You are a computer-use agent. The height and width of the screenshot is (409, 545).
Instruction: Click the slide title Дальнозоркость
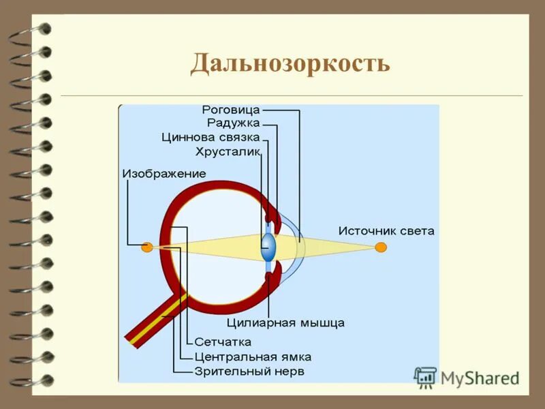click(290, 63)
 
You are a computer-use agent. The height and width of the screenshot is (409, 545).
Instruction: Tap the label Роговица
click(232, 109)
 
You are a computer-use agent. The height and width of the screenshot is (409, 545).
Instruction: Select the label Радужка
click(233, 123)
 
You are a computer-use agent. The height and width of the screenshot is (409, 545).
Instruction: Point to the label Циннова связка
click(211, 137)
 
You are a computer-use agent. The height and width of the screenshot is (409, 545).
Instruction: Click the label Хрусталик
click(228, 151)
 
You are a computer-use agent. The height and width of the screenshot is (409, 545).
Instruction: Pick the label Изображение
click(164, 174)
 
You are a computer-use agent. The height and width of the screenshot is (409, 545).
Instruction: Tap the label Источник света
click(386, 231)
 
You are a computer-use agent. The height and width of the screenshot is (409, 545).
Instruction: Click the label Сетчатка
click(223, 342)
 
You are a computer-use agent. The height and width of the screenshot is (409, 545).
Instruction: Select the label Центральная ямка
click(253, 357)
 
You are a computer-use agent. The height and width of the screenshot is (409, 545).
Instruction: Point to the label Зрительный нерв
click(249, 372)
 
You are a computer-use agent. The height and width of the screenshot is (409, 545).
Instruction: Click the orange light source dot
click(381, 247)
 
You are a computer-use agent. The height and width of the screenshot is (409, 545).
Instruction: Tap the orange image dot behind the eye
click(146, 247)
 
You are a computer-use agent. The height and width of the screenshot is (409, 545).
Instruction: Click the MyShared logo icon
click(425, 377)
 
